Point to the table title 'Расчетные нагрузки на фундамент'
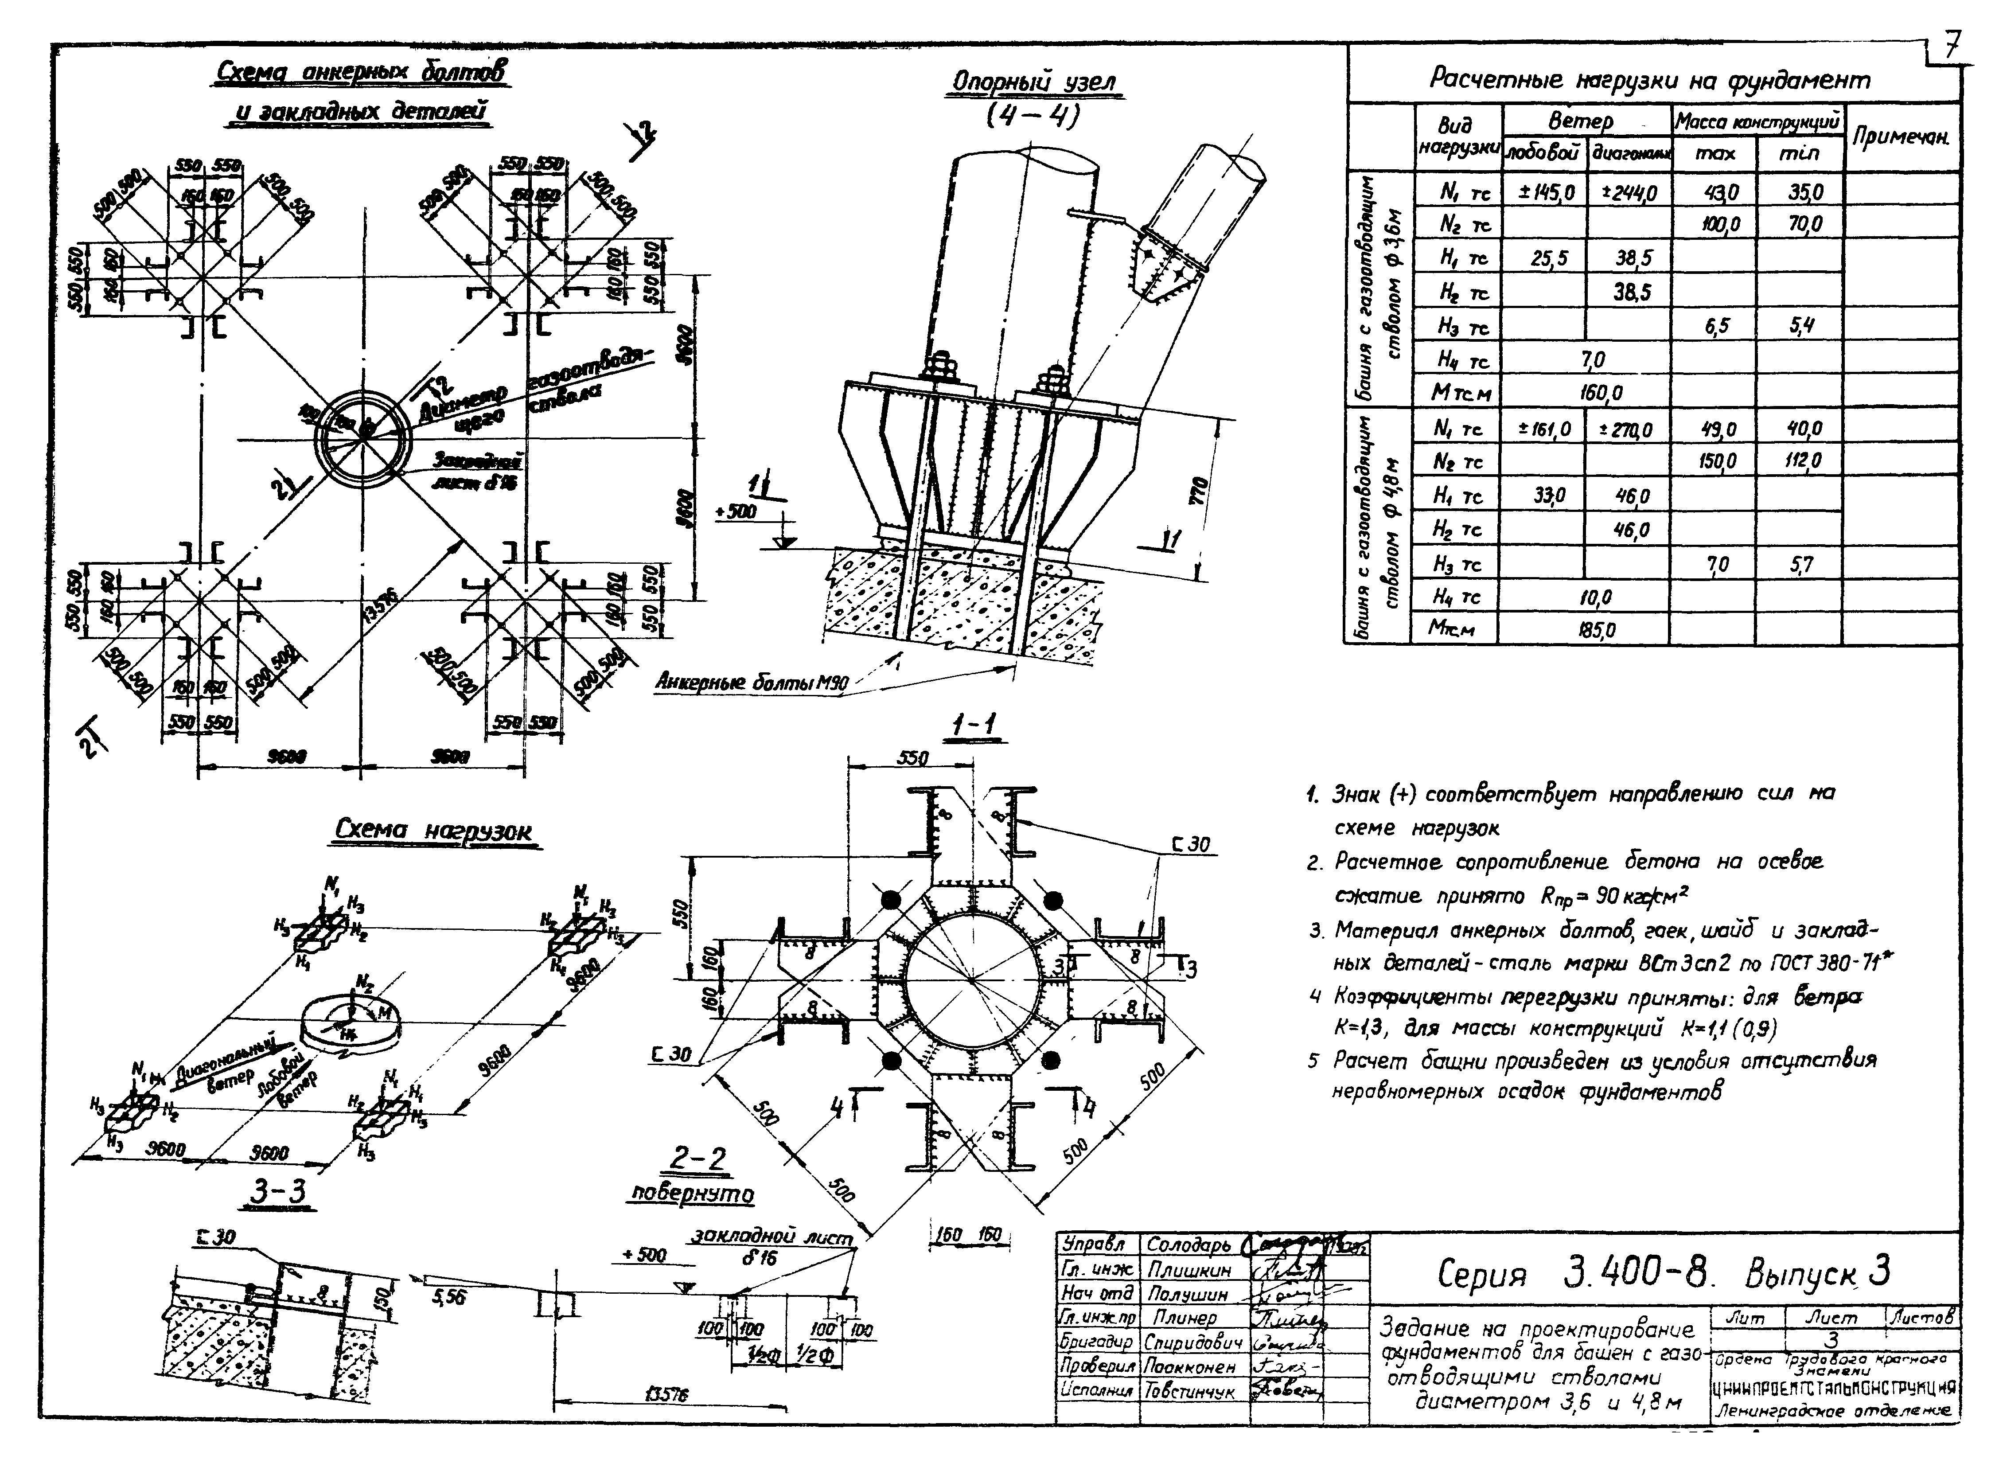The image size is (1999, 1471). click(1649, 80)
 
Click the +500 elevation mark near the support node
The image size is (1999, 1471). click(736, 512)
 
